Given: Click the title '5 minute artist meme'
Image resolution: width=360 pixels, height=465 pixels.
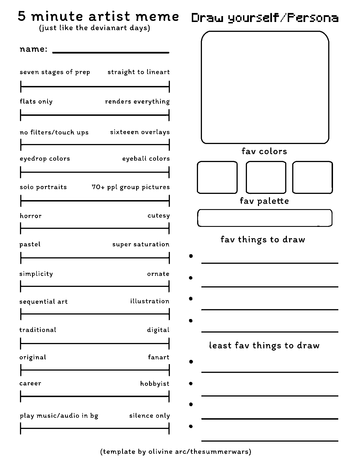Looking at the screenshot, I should click(x=98, y=17).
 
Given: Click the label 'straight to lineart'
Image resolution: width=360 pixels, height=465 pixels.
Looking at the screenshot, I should click(x=139, y=72).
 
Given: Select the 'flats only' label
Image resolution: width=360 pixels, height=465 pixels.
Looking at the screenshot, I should click(x=36, y=101).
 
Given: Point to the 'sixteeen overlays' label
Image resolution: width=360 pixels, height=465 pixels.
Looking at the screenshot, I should click(x=140, y=132).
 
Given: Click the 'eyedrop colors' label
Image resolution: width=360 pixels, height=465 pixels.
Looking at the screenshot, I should click(x=45, y=159).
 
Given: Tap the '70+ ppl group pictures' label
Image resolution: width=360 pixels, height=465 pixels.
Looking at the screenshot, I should click(x=131, y=187).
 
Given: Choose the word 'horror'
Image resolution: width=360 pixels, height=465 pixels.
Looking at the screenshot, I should click(x=31, y=216).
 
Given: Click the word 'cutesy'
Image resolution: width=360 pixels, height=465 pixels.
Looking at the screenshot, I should click(x=159, y=216).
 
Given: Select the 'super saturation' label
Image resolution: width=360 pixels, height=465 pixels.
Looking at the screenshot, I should click(x=141, y=244).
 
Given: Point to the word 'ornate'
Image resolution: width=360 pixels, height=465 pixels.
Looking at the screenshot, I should click(x=158, y=274).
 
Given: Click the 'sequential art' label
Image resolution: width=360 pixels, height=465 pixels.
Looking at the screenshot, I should click(x=44, y=302).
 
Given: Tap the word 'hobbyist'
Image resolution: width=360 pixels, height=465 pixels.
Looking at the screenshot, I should click(x=155, y=384).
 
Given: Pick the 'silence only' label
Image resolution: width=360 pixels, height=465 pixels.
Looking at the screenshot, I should click(x=150, y=416).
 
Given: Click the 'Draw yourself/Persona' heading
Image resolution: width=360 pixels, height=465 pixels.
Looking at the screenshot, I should click(x=265, y=18).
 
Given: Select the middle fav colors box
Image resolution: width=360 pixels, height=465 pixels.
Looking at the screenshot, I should click(x=266, y=177).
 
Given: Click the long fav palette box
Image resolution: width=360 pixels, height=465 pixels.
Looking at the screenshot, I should click(x=265, y=218).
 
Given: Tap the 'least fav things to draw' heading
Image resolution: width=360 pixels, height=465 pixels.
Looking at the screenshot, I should click(x=264, y=346).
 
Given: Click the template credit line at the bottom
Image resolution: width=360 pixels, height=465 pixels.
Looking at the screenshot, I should click(x=175, y=452).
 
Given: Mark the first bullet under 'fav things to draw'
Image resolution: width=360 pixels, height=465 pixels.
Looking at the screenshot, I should click(x=191, y=256).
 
